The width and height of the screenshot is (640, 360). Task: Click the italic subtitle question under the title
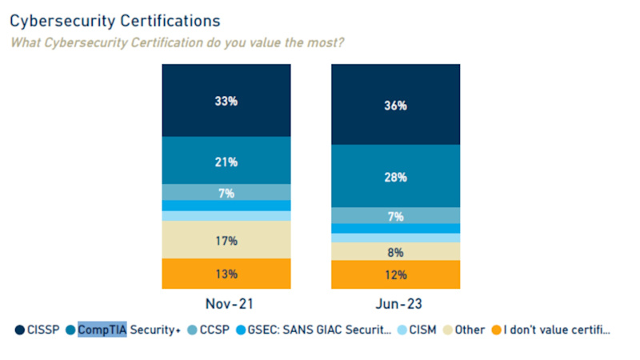(177, 42)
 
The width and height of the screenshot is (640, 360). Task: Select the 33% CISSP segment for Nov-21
(226, 101)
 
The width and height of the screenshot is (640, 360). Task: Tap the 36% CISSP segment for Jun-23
(396, 105)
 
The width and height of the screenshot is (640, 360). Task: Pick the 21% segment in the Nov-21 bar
(226, 162)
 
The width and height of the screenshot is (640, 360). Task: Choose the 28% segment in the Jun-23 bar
(396, 176)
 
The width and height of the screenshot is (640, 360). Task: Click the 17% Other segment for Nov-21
(226, 240)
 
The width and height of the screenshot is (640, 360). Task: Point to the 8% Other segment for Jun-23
(396, 251)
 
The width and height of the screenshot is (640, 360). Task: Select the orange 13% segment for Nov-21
(226, 274)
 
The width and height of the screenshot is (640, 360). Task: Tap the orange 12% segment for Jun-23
(396, 274)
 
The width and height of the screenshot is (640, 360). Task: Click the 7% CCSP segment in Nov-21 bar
(226, 193)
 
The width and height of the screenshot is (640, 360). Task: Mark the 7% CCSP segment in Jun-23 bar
(396, 216)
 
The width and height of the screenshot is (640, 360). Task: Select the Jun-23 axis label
(396, 306)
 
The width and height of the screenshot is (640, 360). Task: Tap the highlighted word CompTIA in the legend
(102, 330)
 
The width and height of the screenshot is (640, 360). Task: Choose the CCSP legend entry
(210, 330)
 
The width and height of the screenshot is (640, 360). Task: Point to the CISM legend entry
(421, 330)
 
